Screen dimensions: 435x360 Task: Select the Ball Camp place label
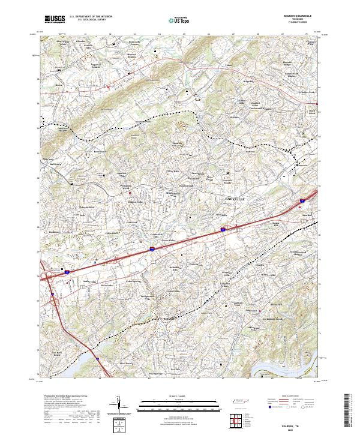point(56,163)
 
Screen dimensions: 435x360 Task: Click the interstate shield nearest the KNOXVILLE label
point(223,229)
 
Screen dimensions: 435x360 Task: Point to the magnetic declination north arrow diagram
point(121,405)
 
